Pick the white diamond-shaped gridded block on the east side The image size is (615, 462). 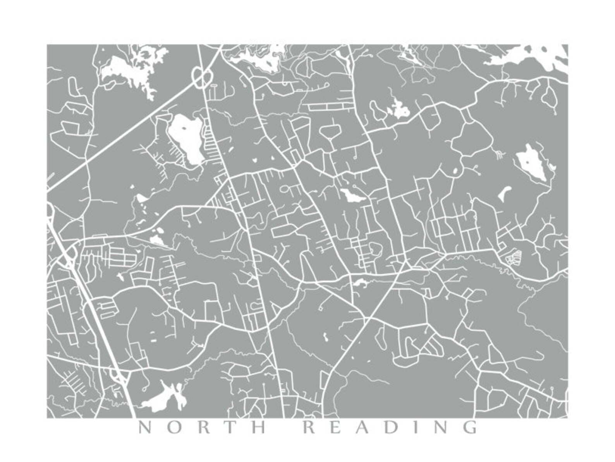pyautogui.click(x=512, y=257)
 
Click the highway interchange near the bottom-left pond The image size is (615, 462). pyautogui.click(x=117, y=375)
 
